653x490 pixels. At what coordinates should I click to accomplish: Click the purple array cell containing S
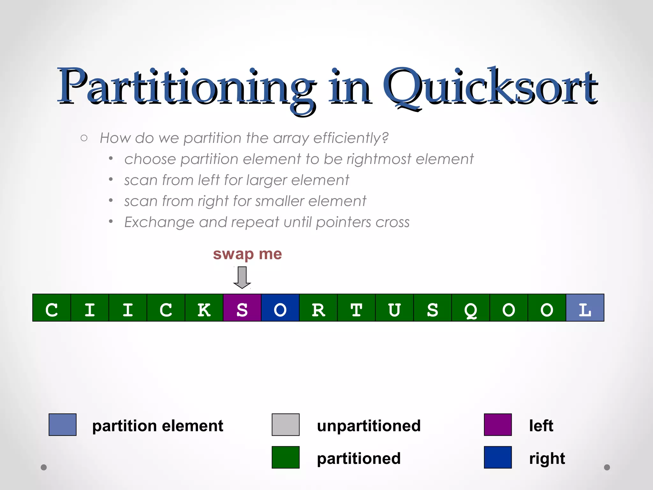pos(242,308)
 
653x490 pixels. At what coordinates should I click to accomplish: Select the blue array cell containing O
pos(280,308)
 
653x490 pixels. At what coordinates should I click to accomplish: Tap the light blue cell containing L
pos(585,308)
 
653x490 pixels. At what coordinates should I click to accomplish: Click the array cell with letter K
pos(204,308)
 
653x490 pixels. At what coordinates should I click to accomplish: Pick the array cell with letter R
pos(318,308)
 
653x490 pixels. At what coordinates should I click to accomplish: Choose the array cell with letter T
pos(356,308)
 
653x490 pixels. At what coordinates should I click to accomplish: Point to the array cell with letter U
pos(394,308)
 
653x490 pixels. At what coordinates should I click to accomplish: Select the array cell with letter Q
pos(471,308)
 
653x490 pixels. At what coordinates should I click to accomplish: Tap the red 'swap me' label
pos(247,254)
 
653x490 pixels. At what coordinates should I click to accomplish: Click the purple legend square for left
pos(498,425)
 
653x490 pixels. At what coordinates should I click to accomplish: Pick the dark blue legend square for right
pos(498,457)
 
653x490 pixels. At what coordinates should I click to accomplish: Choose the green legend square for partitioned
pos(286,457)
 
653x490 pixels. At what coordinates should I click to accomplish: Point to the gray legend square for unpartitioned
pos(286,425)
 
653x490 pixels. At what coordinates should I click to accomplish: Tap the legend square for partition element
pos(62,425)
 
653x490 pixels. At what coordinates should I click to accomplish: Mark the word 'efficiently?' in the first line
pos(351,138)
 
